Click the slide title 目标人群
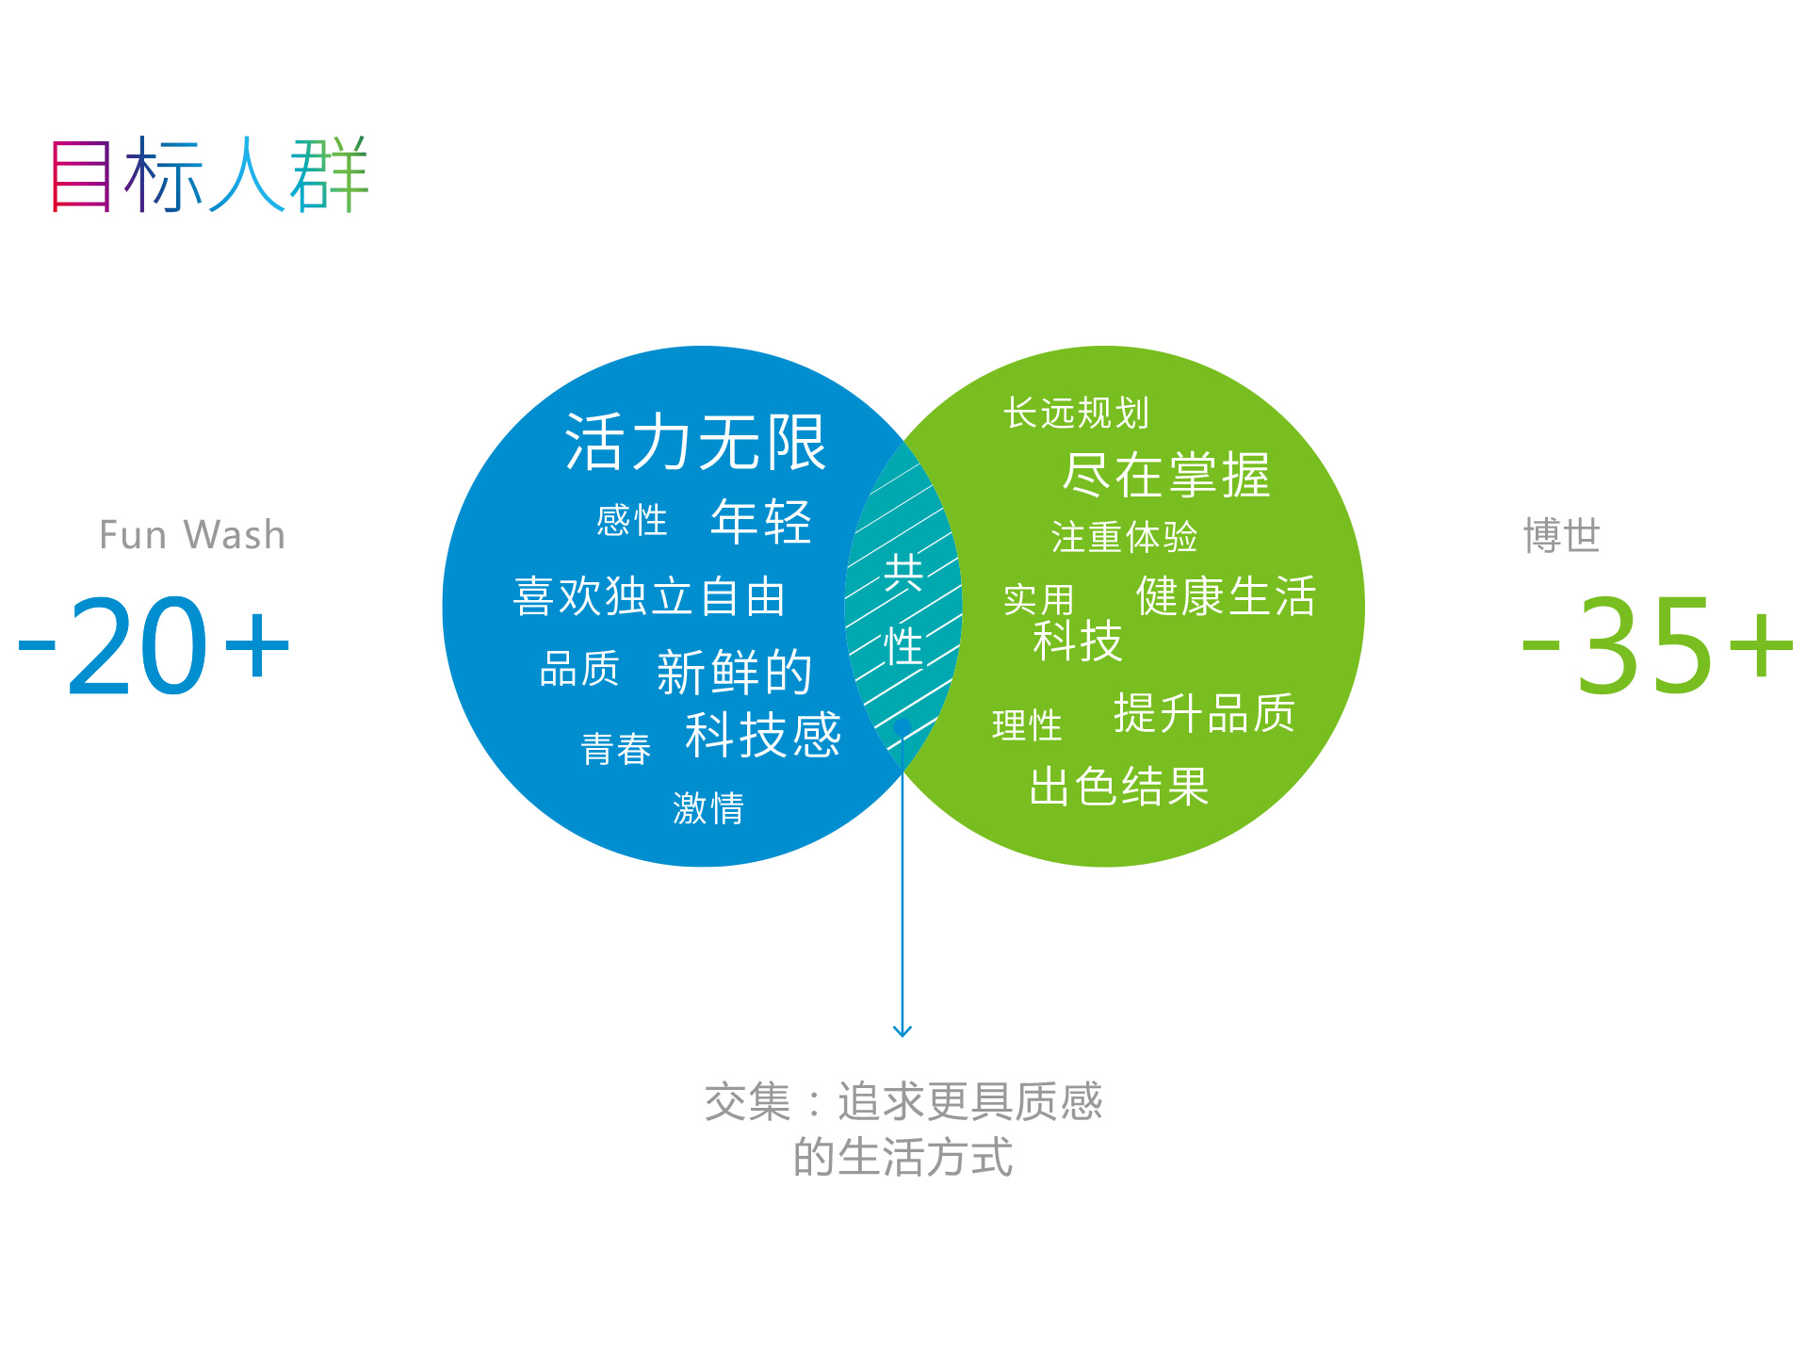[x=209, y=174]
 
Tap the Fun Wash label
[x=192, y=535]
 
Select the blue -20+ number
[x=155, y=646]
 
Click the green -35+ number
[x=1658, y=646]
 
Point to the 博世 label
[x=1562, y=535]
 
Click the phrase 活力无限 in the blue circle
[x=695, y=443]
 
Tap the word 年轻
[x=761, y=521]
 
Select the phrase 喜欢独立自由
[x=649, y=596]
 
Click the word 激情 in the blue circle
[x=708, y=808]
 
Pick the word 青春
[x=616, y=749]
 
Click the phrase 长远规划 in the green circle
[x=1076, y=413]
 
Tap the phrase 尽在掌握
[x=1166, y=474]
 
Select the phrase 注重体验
[x=1124, y=537]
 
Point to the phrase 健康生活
[x=1226, y=596]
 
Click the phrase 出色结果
[x=1119, y=787]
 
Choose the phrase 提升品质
[x=1204, y=713]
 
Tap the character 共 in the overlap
[x=903, y=573]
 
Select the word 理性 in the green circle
[x=1027, y=725]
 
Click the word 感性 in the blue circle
[x=632, y=520]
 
